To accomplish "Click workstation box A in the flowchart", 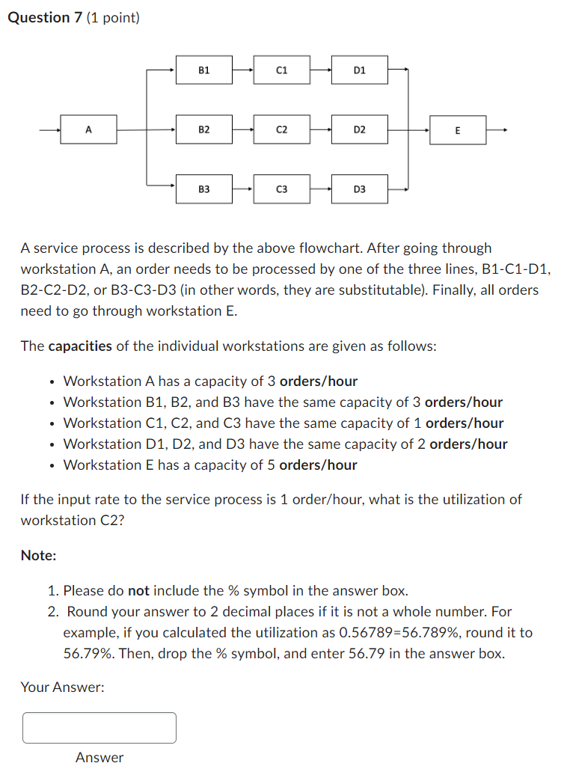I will pos(88,129).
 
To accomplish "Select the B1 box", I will pos(204,70).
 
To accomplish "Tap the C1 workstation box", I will pos(281,70).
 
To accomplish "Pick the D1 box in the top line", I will pos(360,70).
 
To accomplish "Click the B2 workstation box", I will pos(204,129).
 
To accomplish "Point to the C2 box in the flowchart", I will pos(281,129).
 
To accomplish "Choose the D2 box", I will pos(360,129).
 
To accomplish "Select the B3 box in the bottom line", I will pos(204,189).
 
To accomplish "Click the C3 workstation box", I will pos(281,189).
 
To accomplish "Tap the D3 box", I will pos(360,189).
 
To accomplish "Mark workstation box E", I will pos(458,130).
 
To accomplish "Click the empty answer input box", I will pos(99,728).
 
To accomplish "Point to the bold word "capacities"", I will pos(80,346).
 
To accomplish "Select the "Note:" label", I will pos(38,556).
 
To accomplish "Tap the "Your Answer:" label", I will pos(62,687).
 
